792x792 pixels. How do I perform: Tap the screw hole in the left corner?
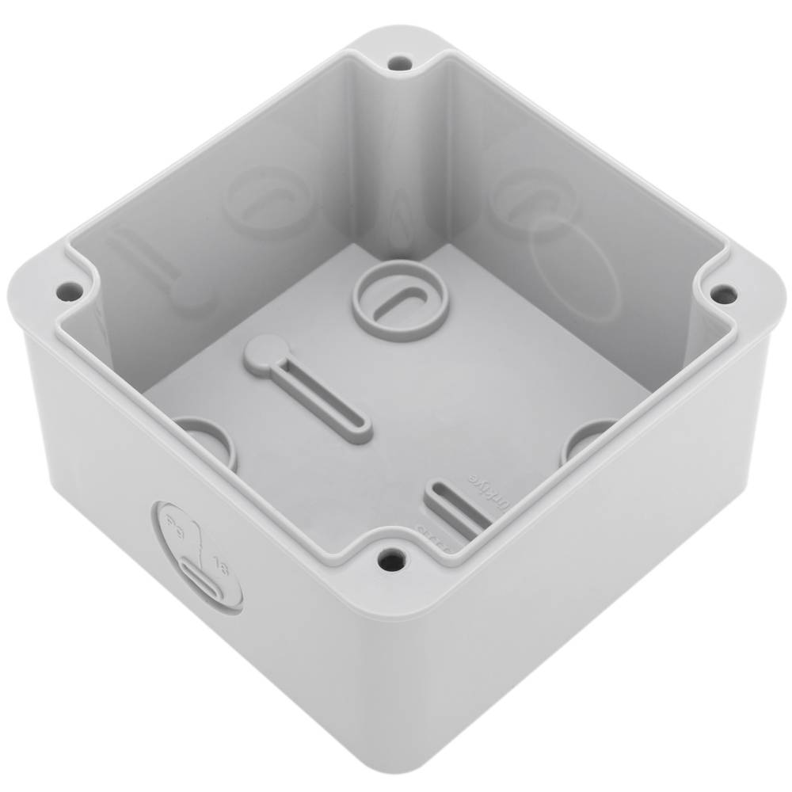(70, 291)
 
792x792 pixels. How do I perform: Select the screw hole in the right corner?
(722, 294)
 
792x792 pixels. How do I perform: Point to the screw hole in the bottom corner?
(390, 561)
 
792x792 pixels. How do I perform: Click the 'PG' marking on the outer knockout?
(177, 527)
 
